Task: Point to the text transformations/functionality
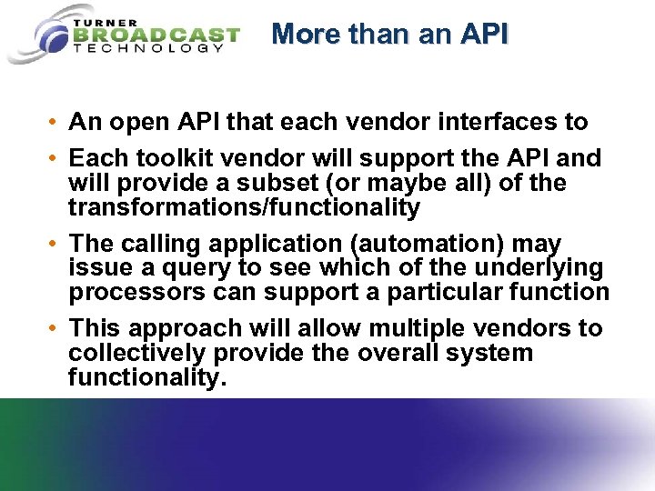tap(244, 208)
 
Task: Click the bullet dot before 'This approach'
tap(55, 328)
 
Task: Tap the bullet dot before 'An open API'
tap(55, 122)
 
